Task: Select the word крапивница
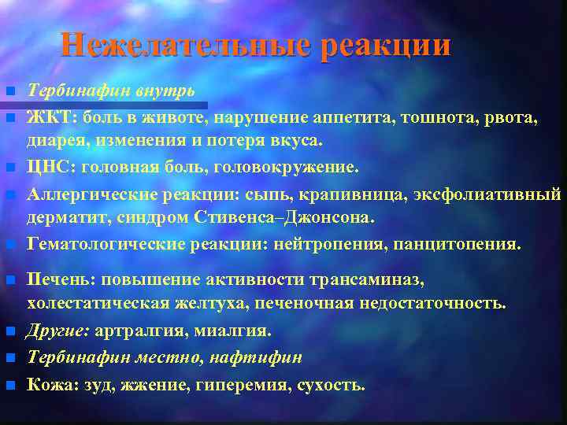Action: (346, 194)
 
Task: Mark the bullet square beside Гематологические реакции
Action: (9, 245)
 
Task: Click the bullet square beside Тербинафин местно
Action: (9, 359)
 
